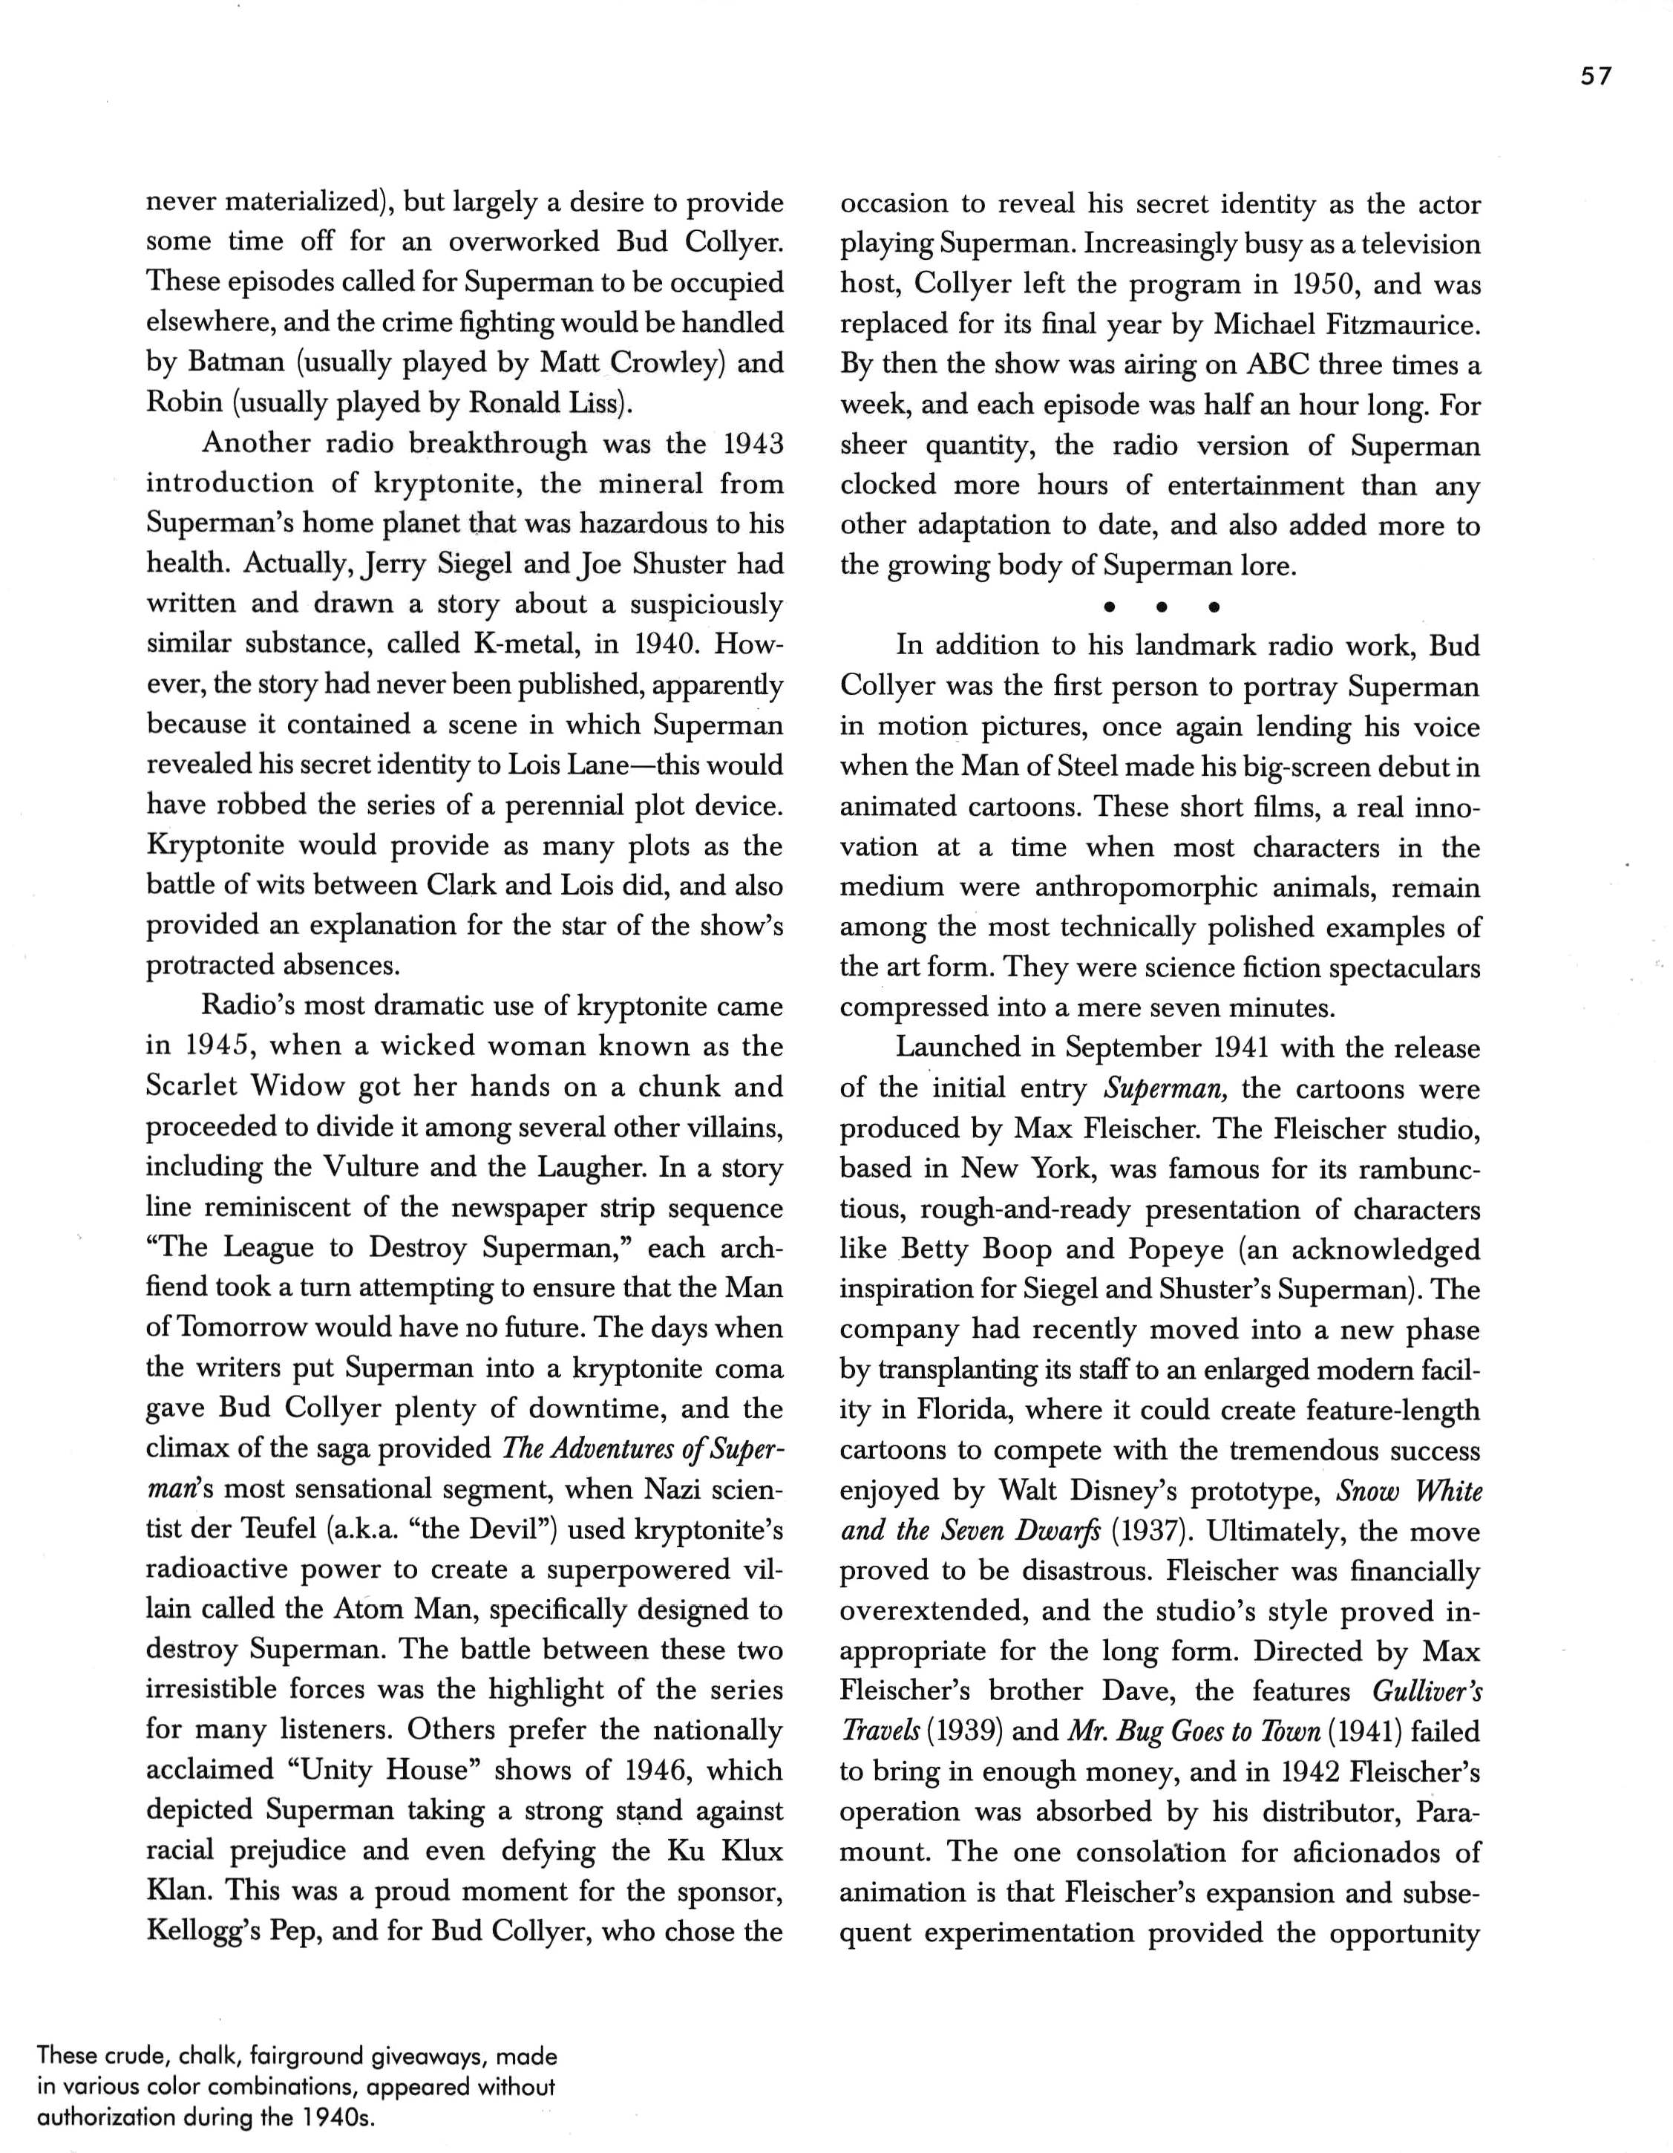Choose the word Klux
(x=751, y=1849)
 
